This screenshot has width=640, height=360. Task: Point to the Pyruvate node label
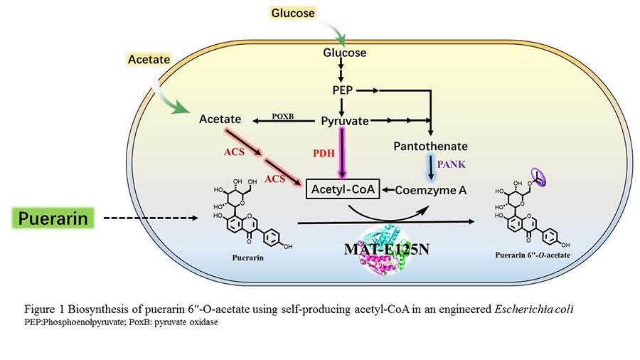(x=345, y=121)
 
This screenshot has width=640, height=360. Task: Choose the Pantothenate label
(x=430, y=147)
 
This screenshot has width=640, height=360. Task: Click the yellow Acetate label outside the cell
(x=149, y=60)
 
